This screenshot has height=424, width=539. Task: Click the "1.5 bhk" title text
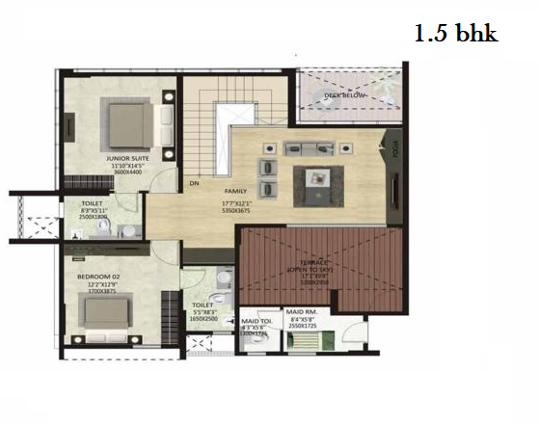[455, 35]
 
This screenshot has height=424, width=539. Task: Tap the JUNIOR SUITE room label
[126, 159]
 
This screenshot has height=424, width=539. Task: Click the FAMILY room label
[236, 191]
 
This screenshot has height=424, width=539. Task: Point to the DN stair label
[194, 182]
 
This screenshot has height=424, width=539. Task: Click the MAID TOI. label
[256, 320]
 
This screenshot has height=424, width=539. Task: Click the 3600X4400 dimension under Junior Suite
[125, 172]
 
